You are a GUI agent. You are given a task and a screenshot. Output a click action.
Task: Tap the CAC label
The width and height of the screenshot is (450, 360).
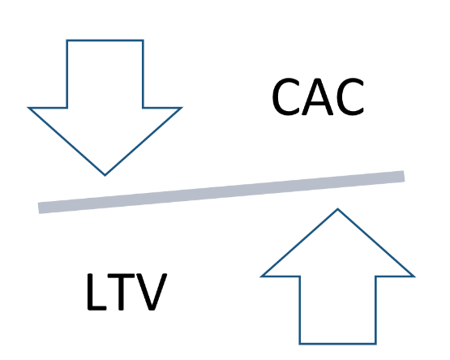(x=318, y=96)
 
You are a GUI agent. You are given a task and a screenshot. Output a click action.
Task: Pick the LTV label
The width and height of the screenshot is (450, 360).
(x=126, y=292)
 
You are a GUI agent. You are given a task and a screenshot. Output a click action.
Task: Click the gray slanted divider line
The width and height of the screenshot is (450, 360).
(x=221, y=192)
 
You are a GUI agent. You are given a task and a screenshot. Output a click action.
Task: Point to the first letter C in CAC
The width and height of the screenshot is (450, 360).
(x=286, y=96)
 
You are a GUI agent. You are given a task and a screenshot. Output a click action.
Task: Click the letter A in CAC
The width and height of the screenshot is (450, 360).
(x=318, y=97)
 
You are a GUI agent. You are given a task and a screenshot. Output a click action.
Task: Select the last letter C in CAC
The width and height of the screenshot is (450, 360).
(x=350, y=96)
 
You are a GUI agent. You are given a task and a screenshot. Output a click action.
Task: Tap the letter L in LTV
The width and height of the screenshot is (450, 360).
(x=96, y=292)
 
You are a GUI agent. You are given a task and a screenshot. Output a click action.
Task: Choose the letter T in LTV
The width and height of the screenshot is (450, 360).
(x=121, y=292)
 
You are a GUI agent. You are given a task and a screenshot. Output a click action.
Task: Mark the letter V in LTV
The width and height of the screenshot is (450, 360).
(x=152, y=292)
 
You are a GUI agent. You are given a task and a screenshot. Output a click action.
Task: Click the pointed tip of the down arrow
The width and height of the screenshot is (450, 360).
(x=105, y=175)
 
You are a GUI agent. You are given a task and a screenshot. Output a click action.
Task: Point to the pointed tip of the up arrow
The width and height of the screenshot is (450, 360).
(x=337, y=208)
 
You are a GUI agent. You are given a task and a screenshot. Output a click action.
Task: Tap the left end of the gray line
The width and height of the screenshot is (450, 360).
(x=39, y=208)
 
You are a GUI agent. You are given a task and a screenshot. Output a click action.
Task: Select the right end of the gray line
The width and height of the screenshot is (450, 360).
(x=404, y=176)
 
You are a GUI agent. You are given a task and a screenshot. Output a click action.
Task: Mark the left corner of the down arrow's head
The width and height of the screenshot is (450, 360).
(x=28, y=108)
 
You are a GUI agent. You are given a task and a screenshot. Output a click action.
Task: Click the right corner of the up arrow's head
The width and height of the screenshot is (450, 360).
(x=414, y=276)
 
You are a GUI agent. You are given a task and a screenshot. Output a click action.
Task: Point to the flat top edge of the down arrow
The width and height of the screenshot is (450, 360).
(x=105, y=41)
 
